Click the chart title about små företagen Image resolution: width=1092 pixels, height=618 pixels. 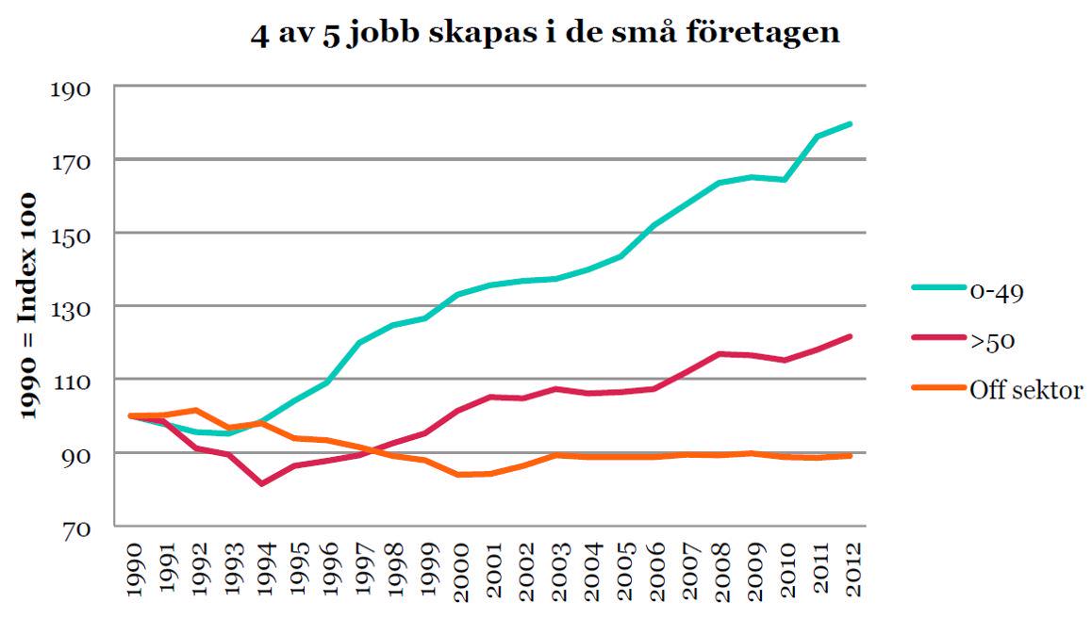click(x=545, y=34)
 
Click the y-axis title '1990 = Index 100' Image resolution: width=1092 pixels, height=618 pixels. click(x=28, y=307)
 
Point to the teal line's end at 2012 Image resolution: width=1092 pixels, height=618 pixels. click(x=852, y=123)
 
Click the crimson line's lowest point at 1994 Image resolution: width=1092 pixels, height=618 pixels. click(x=261, y=483)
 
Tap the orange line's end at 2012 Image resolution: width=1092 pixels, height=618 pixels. click(x=852, y=455)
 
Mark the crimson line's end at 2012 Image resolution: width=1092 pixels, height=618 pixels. click(x=852, y=336)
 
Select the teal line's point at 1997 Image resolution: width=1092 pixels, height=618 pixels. click(x=360, y=342)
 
